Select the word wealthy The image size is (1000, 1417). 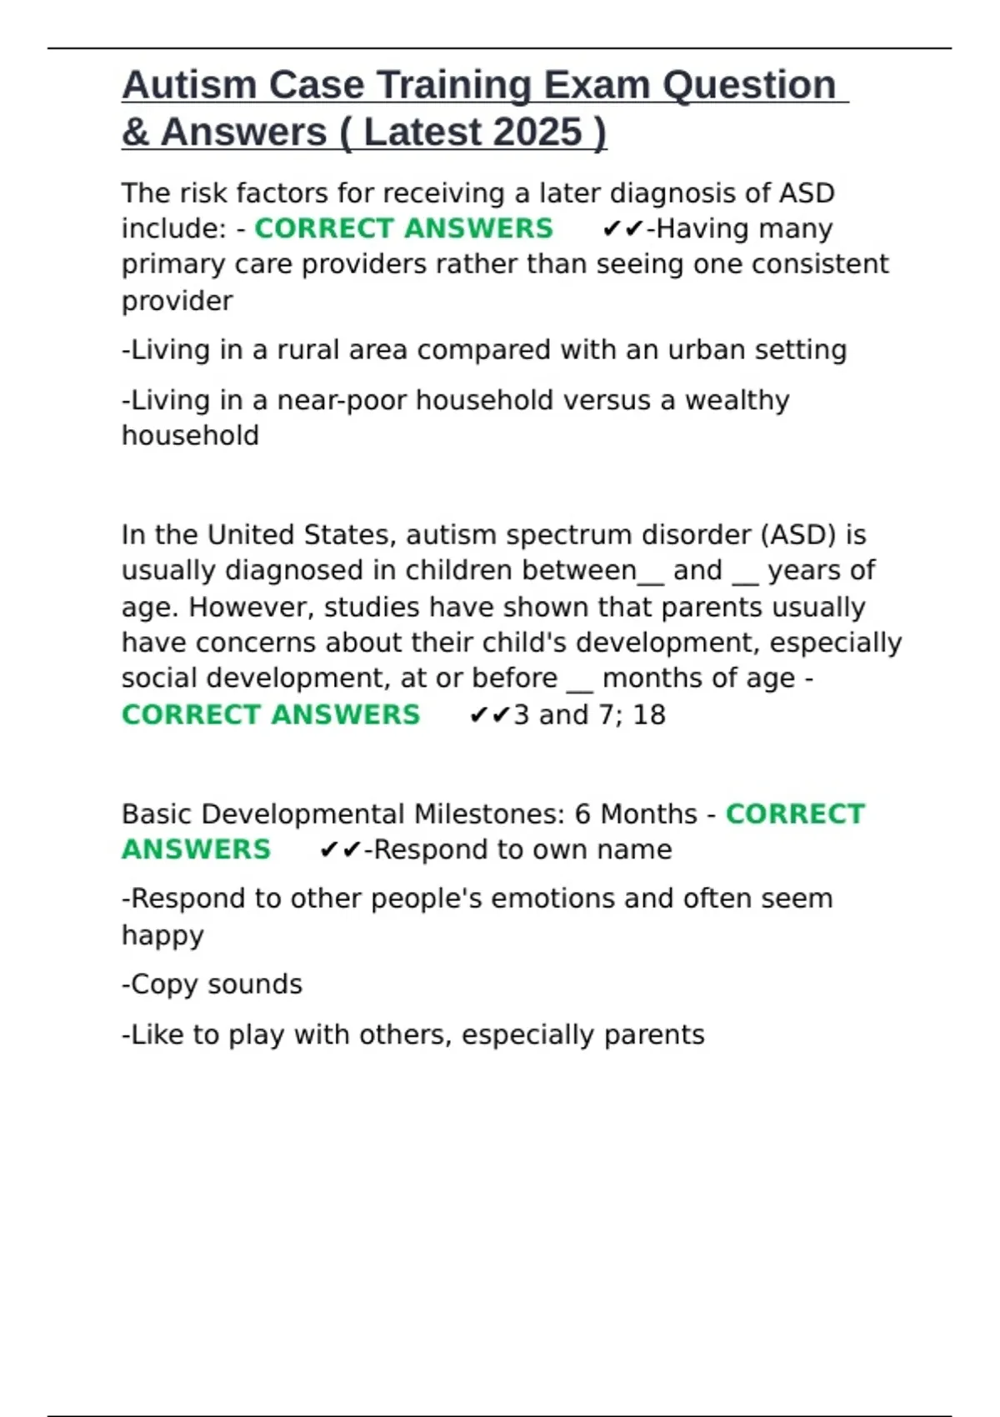click(737, 401)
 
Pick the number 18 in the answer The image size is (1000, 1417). click(649, 715)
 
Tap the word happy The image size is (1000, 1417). click(162, 935)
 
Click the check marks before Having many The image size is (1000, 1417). click(622, 229)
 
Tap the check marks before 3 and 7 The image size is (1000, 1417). click(489, 715)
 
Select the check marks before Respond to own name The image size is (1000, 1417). click(340, 850)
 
